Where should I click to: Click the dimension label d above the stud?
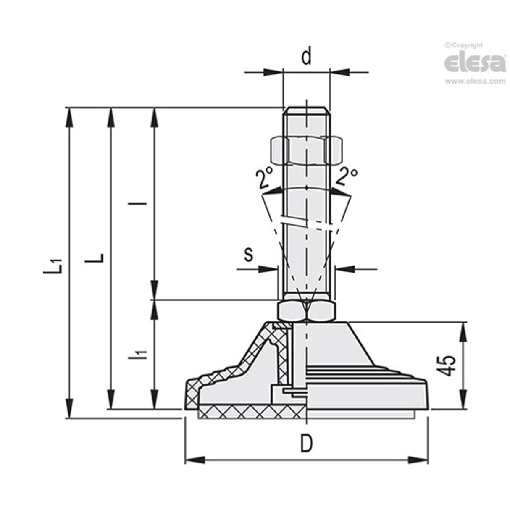307,57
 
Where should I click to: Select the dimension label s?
249,255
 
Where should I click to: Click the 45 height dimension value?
448,365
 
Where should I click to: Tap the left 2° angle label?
264,178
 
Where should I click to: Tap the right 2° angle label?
347,176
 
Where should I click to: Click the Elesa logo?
475,63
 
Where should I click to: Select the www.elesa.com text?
475,81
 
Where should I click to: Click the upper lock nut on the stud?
307,150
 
